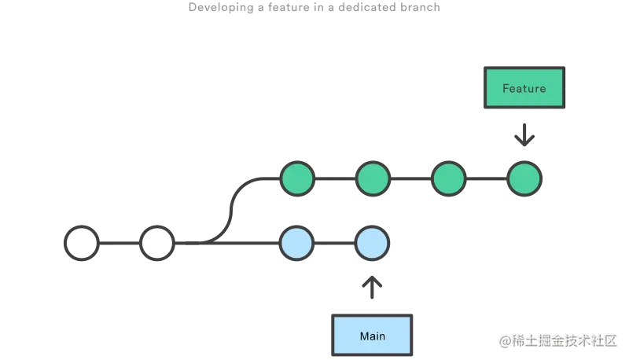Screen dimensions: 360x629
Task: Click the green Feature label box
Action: (524, 88)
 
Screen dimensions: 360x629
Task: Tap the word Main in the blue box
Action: (373, 336)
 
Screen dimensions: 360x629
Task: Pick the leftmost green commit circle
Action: (297, 179)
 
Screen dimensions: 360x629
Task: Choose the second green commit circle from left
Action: (372, 179)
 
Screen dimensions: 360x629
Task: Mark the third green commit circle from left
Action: (448, 179)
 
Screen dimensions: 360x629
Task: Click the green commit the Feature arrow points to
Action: (524, 179)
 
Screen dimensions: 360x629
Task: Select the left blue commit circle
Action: (297, 244)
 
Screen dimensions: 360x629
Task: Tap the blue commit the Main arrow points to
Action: (372, 244)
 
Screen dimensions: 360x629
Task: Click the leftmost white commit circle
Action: (81, 244)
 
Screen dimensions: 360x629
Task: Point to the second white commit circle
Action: (156, 244)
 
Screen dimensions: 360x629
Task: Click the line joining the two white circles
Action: (119, 244)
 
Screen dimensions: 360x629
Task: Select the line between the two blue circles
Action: (335, 244)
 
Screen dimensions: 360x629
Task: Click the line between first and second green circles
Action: (335, 179)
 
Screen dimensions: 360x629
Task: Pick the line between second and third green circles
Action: (410, 179)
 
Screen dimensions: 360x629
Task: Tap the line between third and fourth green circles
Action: (486, 179)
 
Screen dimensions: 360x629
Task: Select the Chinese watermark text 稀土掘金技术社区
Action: (565, 340)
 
